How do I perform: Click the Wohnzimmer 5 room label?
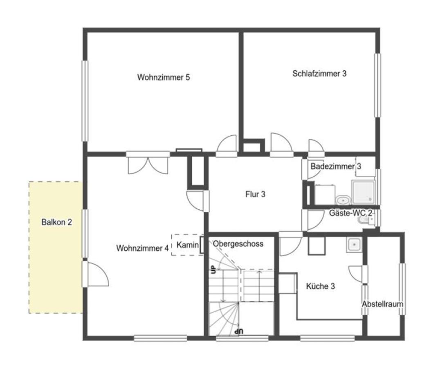click(164, 77)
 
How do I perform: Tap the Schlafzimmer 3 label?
click(319, 74)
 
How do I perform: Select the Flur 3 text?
click(255, 194)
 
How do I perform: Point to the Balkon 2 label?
click(56, 222)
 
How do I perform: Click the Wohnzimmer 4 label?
click(142, 248)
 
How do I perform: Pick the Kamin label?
click(187, 245)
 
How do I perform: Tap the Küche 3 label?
click(321, 286)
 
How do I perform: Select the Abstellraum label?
click(382, 304)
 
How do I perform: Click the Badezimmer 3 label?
click(336, 166)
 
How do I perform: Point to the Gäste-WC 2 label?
click(351, 213)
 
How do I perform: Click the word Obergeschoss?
click(238, 244)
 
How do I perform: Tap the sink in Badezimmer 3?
click(343, 200)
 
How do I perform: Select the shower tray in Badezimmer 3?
click(363, 193)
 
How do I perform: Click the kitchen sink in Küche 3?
click(354, 245)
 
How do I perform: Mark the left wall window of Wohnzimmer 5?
click(85, 101)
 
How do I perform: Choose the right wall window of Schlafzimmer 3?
click(378, 85)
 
